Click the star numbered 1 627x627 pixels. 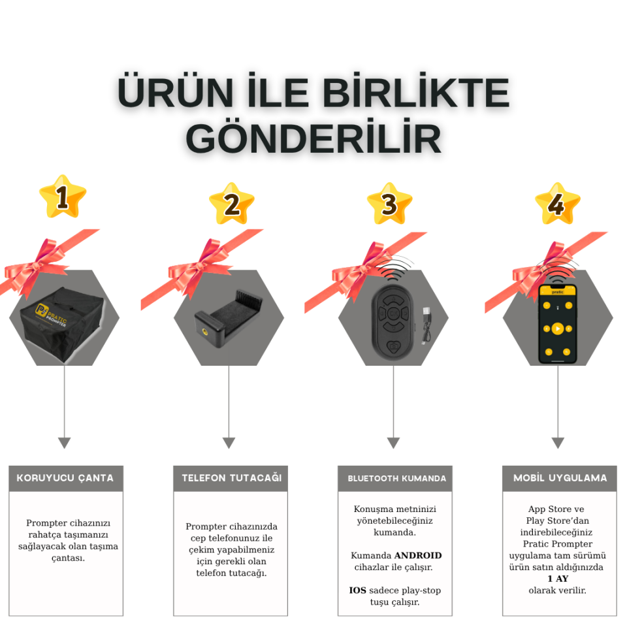click(x=62, y=198)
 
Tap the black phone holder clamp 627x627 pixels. click(x=228, y=317)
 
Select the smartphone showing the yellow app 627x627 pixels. click(x=557, y=323)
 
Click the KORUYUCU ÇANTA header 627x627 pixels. click(x=65, y=478)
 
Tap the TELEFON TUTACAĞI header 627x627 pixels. click(x=231, y=478)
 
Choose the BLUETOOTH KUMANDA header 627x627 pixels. click(x=396, y=478)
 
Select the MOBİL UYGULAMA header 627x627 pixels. click(x=560, y=478)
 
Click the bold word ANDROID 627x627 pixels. click(x=418, y=555)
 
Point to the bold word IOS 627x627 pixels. click(x=357, y=590)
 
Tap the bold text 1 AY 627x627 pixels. click(x=558, y=579)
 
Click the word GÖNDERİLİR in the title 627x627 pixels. click(x=314, y=138)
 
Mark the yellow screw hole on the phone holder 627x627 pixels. click(x=208, y=330)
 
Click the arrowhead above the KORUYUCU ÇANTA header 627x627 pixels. click(x=64, y=443)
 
